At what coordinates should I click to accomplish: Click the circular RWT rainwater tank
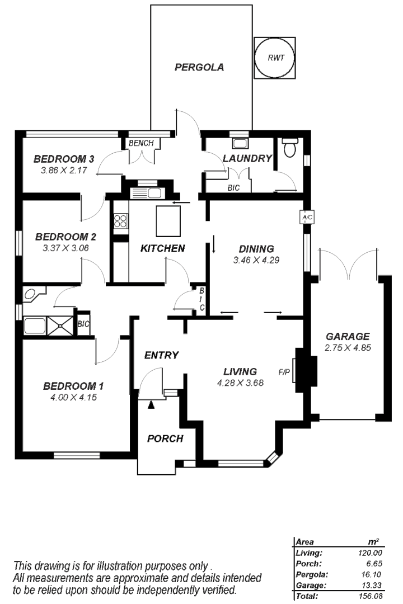click(274, 58)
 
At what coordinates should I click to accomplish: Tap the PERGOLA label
click(199, 68)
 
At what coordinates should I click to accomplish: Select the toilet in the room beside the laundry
click(289, 148)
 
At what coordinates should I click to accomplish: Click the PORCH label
click(165, 438)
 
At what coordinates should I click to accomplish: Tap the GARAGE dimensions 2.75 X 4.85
click(348, 347)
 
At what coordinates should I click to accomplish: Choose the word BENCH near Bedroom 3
click(140, 144)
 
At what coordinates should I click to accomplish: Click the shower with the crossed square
click(60, 326)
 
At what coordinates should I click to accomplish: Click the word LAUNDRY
click(246, 158)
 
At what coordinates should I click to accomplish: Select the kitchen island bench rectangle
click(168, 220)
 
